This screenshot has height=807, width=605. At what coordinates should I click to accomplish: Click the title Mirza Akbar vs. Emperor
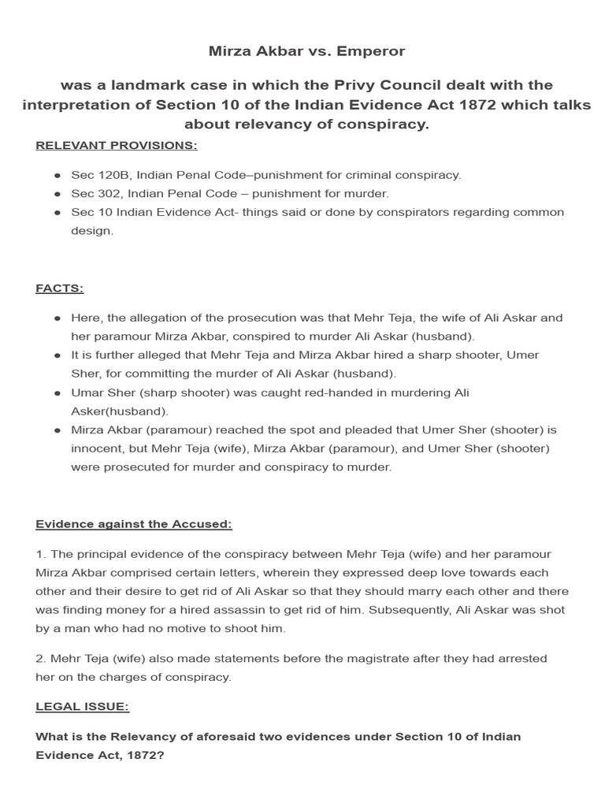click(x=306, y=51)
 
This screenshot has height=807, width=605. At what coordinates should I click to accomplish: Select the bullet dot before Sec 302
click(x=58, y=194)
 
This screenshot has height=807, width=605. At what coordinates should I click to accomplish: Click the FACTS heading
click(x=59, y=288)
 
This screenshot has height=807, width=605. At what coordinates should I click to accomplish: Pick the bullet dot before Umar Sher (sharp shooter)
click(x=58, y=392)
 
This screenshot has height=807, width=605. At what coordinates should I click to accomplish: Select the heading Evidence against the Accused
click(x=134, y=524)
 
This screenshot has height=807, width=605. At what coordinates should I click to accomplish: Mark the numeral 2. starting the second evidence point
click(x=41, y=658)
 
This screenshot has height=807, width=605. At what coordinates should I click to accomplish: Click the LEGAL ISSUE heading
click(x=82, y=707)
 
